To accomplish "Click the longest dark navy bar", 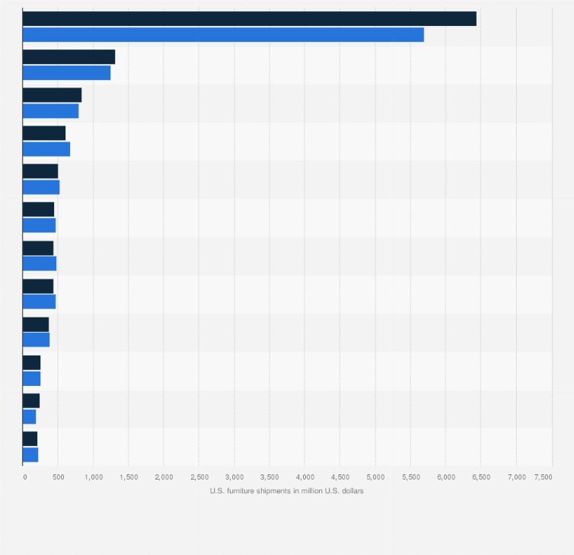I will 249,18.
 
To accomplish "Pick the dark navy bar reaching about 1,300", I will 69,56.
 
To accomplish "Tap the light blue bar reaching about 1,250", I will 66,72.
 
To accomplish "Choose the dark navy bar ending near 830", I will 52,94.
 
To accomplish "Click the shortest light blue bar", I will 29,416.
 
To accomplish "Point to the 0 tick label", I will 25,477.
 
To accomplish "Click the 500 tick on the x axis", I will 58,477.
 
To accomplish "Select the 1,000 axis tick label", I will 93,477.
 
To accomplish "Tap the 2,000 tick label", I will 164,477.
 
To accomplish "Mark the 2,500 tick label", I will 199,477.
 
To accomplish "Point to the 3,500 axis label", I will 269,477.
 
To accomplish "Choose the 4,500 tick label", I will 340,477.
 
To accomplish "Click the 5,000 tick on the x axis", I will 375,477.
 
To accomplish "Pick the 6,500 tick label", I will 481,477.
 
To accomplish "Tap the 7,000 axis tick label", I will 516,477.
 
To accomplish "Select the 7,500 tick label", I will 543,477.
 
